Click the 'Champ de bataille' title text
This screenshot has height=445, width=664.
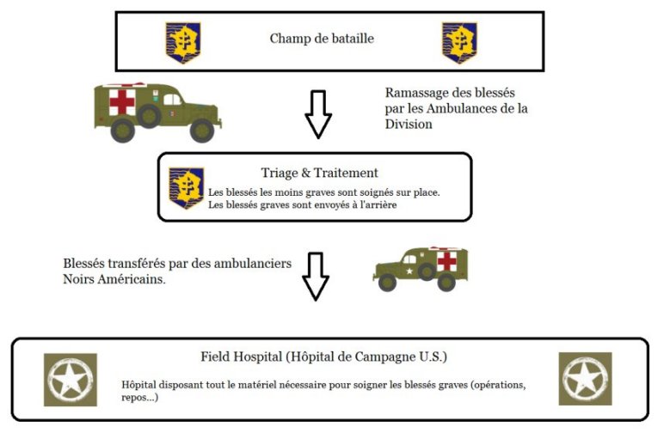322,39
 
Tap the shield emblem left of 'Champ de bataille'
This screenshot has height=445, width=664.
183,43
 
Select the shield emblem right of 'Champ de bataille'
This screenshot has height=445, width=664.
459,43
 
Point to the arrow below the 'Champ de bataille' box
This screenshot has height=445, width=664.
318,114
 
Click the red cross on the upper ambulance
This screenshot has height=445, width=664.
122,102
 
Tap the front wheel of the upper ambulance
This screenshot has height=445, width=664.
202,131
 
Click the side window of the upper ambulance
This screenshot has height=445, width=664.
171,100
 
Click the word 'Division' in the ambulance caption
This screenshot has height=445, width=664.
409,125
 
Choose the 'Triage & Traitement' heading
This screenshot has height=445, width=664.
320,173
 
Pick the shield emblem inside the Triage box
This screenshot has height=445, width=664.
187,187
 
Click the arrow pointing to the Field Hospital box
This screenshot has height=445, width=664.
316,277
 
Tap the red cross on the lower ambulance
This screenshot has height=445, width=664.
446,261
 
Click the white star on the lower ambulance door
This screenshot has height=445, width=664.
409,271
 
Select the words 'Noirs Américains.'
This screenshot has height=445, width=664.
114,279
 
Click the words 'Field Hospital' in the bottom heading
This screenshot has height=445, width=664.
242,357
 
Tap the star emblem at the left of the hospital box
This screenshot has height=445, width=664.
71,380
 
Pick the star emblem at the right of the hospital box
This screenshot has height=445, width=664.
585,379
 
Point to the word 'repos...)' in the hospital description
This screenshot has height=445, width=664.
139,398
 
